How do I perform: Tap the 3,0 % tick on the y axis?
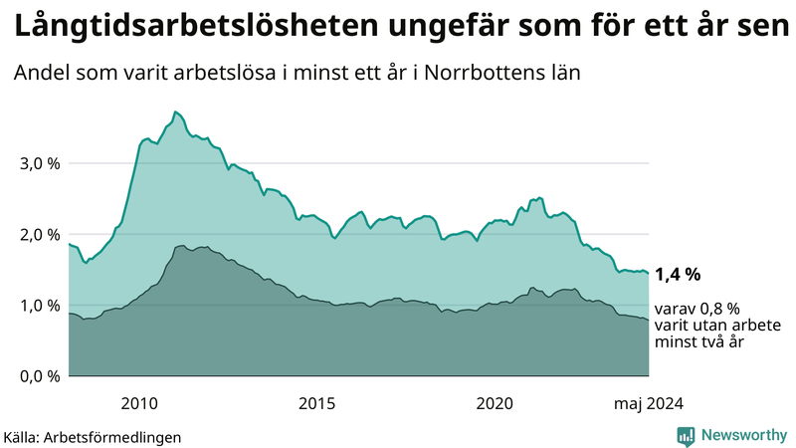click(39, 163)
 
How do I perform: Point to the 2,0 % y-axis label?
click(39, 235)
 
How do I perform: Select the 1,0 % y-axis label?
click(39, 306)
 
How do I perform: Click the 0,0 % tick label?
click(39, 376)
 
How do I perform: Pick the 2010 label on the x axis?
click(139, 402)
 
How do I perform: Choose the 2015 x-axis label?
click(317, 402)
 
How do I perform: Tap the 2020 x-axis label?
click(495, 402)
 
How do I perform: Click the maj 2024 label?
click(648, 402)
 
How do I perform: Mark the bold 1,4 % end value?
click(678, 274)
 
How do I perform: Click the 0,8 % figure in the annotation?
click(716, 309)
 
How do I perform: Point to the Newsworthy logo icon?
click(686, 435)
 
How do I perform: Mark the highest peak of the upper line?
click(175, 112)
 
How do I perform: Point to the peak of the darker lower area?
click(182, 245)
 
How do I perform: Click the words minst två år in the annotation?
click(699, 342)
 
